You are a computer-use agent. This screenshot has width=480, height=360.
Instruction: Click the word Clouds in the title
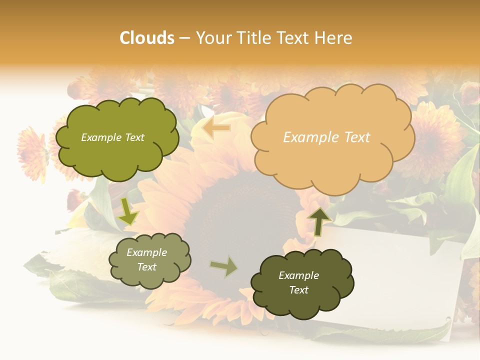147,38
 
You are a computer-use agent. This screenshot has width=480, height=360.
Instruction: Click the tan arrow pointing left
216,128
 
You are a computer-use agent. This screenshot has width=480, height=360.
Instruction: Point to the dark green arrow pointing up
318,220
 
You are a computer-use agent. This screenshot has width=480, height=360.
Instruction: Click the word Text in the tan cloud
357,137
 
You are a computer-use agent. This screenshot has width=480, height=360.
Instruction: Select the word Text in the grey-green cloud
147,267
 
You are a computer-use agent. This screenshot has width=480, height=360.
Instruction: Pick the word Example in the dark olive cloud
298,275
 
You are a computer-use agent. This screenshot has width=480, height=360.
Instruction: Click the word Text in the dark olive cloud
298,290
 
